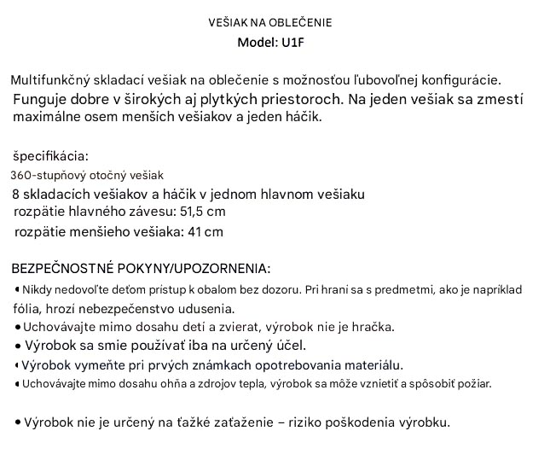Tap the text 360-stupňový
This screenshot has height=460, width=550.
tap(49, 175)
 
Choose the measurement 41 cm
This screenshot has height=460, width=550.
tap(205, 231)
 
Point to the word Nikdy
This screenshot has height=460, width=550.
tap(38, 290)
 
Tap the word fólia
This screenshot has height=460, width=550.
tap(26, 308)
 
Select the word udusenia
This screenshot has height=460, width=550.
tap(208, 308)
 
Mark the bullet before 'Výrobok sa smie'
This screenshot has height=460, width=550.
tap(19, 346)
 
